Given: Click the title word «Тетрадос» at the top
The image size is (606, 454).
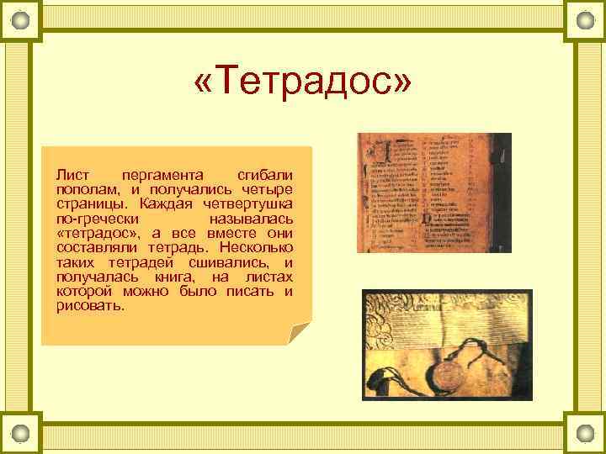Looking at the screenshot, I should pyautogui.click(x=303, y=85).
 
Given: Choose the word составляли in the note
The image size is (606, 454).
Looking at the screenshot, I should pyautogui.click(x=95, y=248).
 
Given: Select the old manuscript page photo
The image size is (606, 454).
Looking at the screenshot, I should pyautogui.click(x=433, y=193).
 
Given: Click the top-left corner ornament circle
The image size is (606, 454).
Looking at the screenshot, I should pyautogui.click(x=20, y=19).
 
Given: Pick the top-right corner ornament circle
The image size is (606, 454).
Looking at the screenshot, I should pyautogui.click(x=585, y=19).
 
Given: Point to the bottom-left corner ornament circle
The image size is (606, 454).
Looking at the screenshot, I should pyautogui.click(x=20, y=433).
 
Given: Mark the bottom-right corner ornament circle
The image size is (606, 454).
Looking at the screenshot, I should pyautogui.click(x=585, y=433).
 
